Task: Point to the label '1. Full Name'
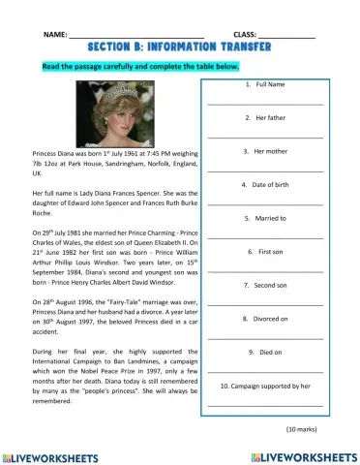pyautogui.click(x=264, y=85)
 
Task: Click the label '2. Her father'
pyautogui.click(x=264, y=118)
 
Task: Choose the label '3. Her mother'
pyautogui.click(x=264, y=151)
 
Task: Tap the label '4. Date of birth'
pyautogui.click(x=264, y=184)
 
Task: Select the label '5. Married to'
pyautogui.click(x=264, y=218)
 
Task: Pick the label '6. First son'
pyautogui.click(x=264, y=251)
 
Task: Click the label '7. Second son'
pyautogui.click(x=264, y=285)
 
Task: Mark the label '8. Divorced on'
pyautogui.click(x=264, y=318)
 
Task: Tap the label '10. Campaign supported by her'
pyautogui.click(x=264, y=385)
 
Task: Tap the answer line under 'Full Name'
pyautogui.click(x=264, y=103)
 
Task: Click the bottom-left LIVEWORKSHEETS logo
pyautogui.click(x=54, y=454)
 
